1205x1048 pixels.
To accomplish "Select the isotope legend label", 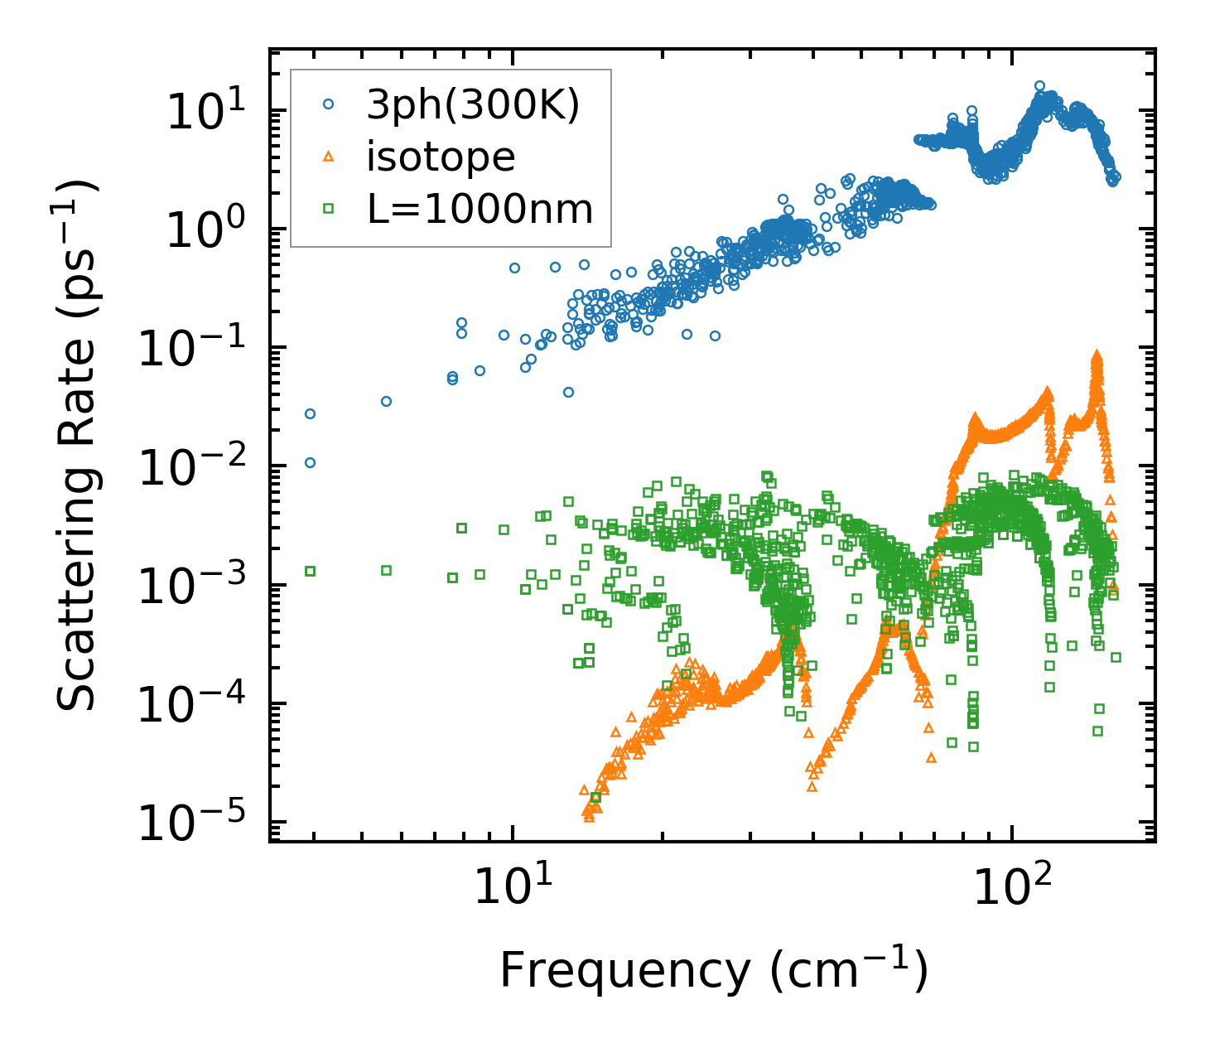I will (441, 157).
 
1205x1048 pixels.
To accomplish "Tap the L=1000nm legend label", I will (480, 209).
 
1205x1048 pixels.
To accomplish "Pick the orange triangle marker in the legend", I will (329, 156).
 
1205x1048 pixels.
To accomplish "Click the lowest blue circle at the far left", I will (310, 462).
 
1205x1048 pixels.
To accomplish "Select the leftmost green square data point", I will (310, 571).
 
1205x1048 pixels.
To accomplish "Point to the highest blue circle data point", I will (1039, 85).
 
